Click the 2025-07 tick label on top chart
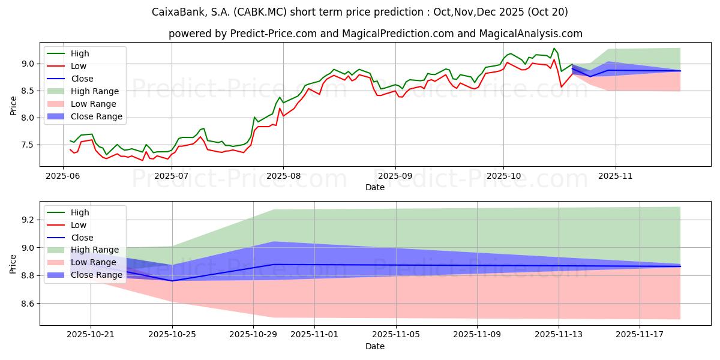172,175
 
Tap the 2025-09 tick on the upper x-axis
395,175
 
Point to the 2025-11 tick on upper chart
616,175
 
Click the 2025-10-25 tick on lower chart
173,335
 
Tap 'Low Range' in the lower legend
94,263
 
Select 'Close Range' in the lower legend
97,275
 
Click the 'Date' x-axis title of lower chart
375,346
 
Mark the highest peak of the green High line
554,48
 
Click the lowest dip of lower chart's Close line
173,281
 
